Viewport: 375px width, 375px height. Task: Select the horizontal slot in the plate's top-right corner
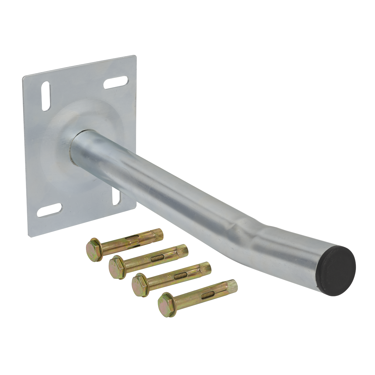tap(115, 82)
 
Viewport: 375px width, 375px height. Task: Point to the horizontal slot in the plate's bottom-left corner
tap(49, 210)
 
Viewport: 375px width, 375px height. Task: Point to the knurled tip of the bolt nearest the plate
tap(158, 233)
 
